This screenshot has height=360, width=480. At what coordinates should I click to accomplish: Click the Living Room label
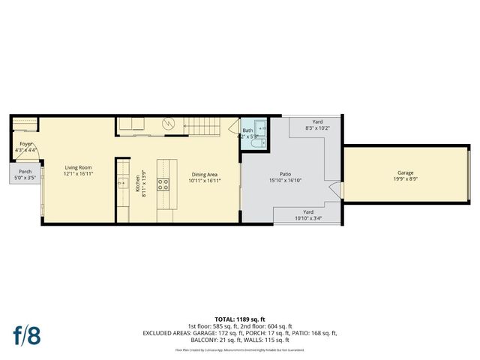[77, 167]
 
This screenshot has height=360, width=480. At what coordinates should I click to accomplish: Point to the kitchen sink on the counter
[121, 182]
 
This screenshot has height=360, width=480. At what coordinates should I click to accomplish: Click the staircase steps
[206, 127]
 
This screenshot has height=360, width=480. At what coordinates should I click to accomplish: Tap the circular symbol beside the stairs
[169, 124]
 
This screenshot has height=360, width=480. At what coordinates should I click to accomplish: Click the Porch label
[25, 171]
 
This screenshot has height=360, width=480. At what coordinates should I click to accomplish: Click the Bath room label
[247, 130]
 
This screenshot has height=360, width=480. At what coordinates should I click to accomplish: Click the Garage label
[405, 172]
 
